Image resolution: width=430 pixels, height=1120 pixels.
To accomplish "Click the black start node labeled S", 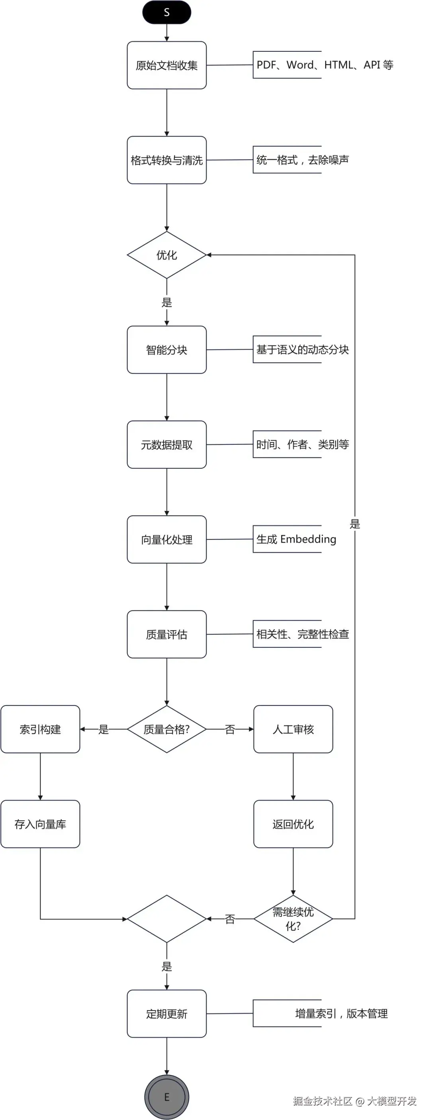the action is coord(166,12).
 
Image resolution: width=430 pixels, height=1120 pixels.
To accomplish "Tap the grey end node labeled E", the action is coord(166,1097).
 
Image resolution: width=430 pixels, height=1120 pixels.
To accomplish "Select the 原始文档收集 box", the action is coord(166,65).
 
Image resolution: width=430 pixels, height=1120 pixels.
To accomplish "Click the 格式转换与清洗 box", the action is coord(166,160).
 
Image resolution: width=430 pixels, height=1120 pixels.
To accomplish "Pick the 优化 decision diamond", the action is coord(166,255).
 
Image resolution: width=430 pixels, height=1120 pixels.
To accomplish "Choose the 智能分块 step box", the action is coord(166,350).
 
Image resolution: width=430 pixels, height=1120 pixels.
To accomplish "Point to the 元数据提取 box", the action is coord(166,444).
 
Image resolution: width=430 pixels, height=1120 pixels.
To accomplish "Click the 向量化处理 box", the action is coord(166,539).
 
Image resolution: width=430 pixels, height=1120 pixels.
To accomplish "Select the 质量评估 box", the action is coord(166,634).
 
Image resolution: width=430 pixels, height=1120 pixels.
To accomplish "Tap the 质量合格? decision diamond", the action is coord(166,729).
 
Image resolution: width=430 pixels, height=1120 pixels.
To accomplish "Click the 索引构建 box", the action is coord(40,729).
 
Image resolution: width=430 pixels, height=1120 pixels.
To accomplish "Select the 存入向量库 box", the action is coord(40,824).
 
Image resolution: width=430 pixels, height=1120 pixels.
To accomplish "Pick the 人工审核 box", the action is coord(293,729).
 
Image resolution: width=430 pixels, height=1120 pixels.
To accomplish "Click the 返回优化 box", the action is coord(293,824).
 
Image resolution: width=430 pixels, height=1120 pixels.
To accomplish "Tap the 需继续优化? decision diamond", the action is coord(293,919).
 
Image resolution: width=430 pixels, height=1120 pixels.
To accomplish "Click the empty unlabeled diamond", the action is coord(166,919).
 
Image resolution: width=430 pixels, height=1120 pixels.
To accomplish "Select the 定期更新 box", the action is coord(166,1013).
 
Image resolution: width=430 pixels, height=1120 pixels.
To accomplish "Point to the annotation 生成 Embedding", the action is coord(296,539).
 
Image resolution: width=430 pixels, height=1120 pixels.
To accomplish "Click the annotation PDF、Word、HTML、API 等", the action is coord(325,65).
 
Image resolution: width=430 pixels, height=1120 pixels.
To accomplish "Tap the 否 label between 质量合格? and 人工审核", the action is coord(230,729).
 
